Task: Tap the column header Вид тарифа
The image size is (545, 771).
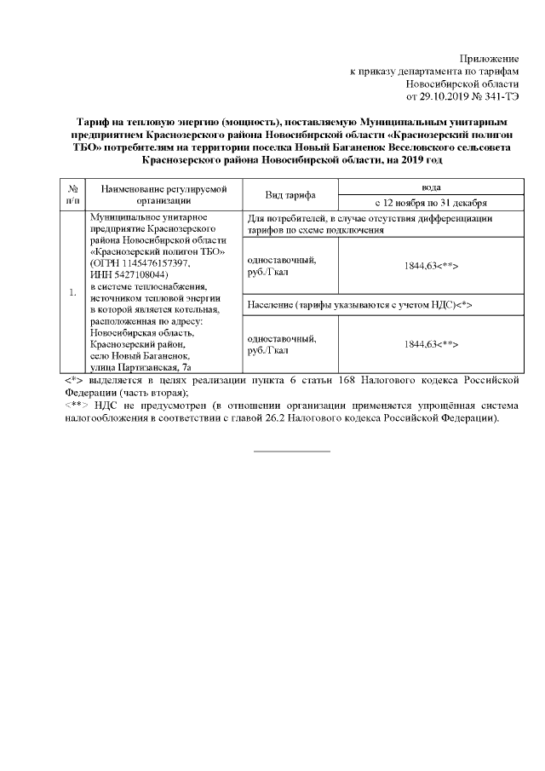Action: click(x=290, y=195)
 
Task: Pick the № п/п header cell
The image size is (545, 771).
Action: click(x=73, y=195)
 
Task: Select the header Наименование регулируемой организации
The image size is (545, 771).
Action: click(x=162, y=195)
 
